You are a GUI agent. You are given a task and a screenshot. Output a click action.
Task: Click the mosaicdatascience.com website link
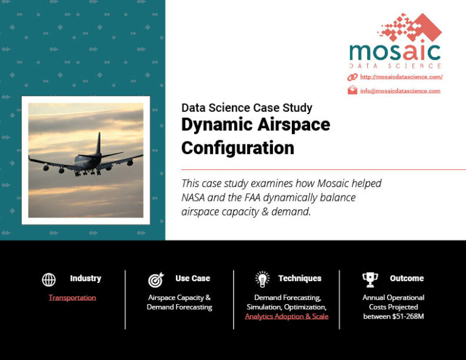401,77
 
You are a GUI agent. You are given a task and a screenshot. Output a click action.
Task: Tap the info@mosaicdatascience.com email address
400,91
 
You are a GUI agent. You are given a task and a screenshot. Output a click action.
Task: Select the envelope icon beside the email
353,91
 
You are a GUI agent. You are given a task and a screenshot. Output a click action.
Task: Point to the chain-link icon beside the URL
353,77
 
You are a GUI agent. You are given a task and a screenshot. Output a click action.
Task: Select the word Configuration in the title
237,148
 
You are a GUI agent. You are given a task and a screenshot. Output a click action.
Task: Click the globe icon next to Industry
49,279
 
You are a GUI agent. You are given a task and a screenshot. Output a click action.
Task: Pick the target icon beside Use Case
155,280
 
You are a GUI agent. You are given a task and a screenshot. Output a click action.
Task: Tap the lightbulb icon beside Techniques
262,279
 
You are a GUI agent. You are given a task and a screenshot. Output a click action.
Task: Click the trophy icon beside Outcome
370,279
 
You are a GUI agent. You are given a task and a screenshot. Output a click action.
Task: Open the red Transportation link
72,297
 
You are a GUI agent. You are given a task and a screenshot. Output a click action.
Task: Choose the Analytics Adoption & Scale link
286,316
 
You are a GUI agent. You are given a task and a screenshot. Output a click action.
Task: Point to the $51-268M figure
403,316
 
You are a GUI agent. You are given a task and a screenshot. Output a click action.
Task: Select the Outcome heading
407,278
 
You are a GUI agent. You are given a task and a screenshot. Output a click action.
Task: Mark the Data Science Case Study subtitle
246,108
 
